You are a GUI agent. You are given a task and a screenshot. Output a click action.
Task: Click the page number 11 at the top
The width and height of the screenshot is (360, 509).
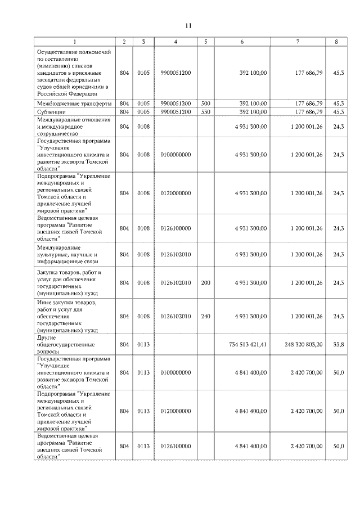point(188,25)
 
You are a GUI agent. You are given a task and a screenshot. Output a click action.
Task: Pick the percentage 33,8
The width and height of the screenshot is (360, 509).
point(338,344)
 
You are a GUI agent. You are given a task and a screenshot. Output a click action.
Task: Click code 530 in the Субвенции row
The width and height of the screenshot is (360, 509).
point(205,111)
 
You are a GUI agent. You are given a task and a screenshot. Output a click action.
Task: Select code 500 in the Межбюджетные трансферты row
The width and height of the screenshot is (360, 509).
point(205,103)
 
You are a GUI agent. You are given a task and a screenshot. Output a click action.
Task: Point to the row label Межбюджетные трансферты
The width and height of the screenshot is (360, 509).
point(70,103)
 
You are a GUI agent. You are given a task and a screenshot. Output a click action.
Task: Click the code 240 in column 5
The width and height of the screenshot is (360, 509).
point(205,316)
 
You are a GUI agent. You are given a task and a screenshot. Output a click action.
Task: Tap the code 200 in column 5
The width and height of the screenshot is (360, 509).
point(205,283)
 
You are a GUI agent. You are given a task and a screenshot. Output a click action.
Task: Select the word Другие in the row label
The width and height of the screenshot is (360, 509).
point(46,336)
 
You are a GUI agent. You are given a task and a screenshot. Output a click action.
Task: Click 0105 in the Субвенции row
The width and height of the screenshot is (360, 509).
point(143,111)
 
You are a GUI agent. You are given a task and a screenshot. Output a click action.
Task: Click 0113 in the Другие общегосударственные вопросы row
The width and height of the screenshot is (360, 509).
point(143,344)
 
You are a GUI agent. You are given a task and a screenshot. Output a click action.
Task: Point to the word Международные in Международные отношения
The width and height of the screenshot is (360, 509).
point(58,120)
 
